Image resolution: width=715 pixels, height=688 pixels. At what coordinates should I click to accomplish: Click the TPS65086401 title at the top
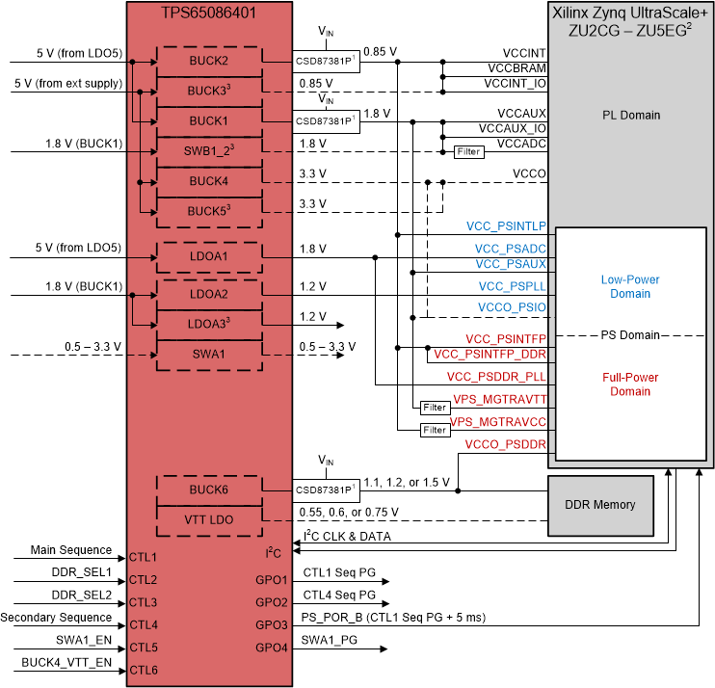pyautogui.click(x=208, y=14)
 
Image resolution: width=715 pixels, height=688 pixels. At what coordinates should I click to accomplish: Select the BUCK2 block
pyautogui.click(x=208, y=61)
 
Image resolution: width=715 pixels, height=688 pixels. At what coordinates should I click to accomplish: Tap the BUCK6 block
pyautogui.click(x=208, y=490)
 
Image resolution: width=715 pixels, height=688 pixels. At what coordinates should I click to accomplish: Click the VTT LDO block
pyautogui.click(x=208, y=519)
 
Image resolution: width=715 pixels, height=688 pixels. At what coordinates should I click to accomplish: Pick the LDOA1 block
pyautogui.click(x=208, y=256)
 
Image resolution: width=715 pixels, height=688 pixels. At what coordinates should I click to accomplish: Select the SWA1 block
pyautogui.click(x=208, y=354)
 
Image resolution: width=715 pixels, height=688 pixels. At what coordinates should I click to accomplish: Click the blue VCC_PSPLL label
pyautogui.click(x=512, y=286)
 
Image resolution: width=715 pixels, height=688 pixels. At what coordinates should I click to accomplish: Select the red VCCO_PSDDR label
pyautogui.click(x=505, y=444)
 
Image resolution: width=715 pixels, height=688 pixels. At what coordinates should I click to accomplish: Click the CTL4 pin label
pyautogui.click(x=143, y=624)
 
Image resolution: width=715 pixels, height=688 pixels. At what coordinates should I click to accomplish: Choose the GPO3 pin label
pyautogui.click(x=272, y=624)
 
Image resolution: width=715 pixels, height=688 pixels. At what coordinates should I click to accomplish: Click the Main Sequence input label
pyautogui.click(x=70, y=550)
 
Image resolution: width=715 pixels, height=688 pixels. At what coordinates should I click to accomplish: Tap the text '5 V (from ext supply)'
pyautogui.click(x=67, y=84)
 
